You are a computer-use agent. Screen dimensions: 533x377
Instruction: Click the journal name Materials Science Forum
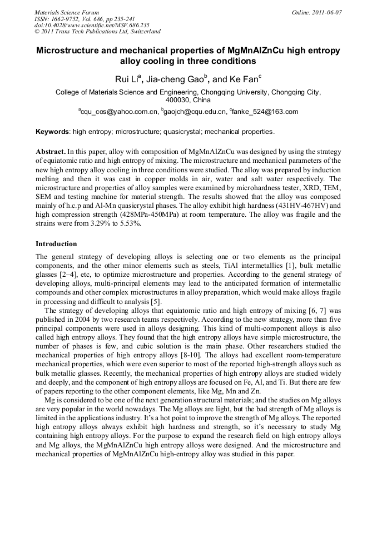pyautogui.click(x=67, y=12)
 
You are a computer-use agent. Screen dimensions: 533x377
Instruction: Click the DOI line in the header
pyautogui.click(x=92, y=25)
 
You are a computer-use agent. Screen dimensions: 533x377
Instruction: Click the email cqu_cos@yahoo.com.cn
pyautogui.click(x=118, y=112)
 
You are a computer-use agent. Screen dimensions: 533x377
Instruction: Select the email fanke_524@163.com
pyautogui.click(x=264, y=112)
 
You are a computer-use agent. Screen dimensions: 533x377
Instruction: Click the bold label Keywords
pyautogui.click(x=53, y=132)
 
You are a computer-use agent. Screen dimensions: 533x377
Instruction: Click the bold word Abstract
pyautogui.click(x=51, y=151)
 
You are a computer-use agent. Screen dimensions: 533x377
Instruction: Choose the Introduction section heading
pyautogui.click(x=56, y=243)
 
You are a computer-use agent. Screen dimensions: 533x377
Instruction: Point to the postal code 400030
pyautogui.click(x=179, y=100)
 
